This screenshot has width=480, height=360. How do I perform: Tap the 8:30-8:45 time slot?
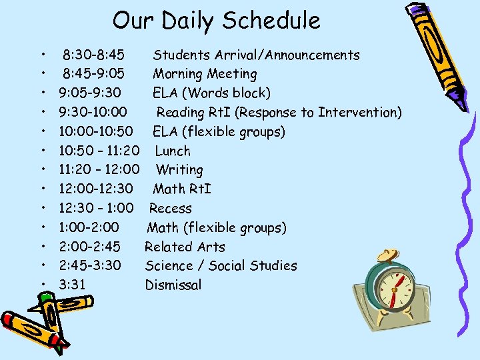(x=97, y=55)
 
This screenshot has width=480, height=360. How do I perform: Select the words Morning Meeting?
(x=205, y=74)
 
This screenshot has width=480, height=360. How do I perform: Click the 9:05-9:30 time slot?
(x=90, y=93)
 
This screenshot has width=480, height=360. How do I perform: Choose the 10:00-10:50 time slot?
(x=95, y=131)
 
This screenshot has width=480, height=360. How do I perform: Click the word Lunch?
(x=172, y=151)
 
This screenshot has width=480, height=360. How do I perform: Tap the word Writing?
(x=179, y=170)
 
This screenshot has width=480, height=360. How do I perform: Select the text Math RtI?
(x=181, y=189)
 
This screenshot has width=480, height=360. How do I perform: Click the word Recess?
(x=170, y=209)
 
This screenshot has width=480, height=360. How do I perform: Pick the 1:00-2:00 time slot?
(x=89, y=228)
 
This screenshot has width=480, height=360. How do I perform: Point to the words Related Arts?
(x=185, y=247)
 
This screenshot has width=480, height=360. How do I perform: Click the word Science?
(x=169, y=266)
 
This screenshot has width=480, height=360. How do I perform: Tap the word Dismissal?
(x=173, y=285)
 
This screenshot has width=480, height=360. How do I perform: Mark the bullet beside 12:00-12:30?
(x=42, y=190)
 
